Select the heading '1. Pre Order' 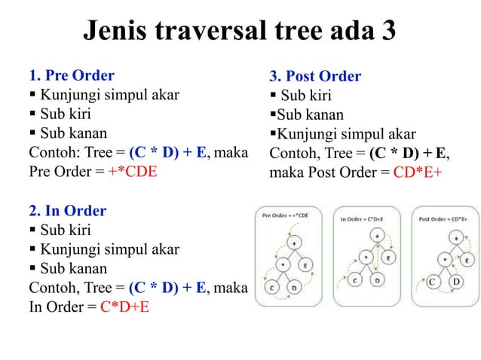point(72,75)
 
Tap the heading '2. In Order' point(67,210)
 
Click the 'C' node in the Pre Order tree point(271,286)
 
